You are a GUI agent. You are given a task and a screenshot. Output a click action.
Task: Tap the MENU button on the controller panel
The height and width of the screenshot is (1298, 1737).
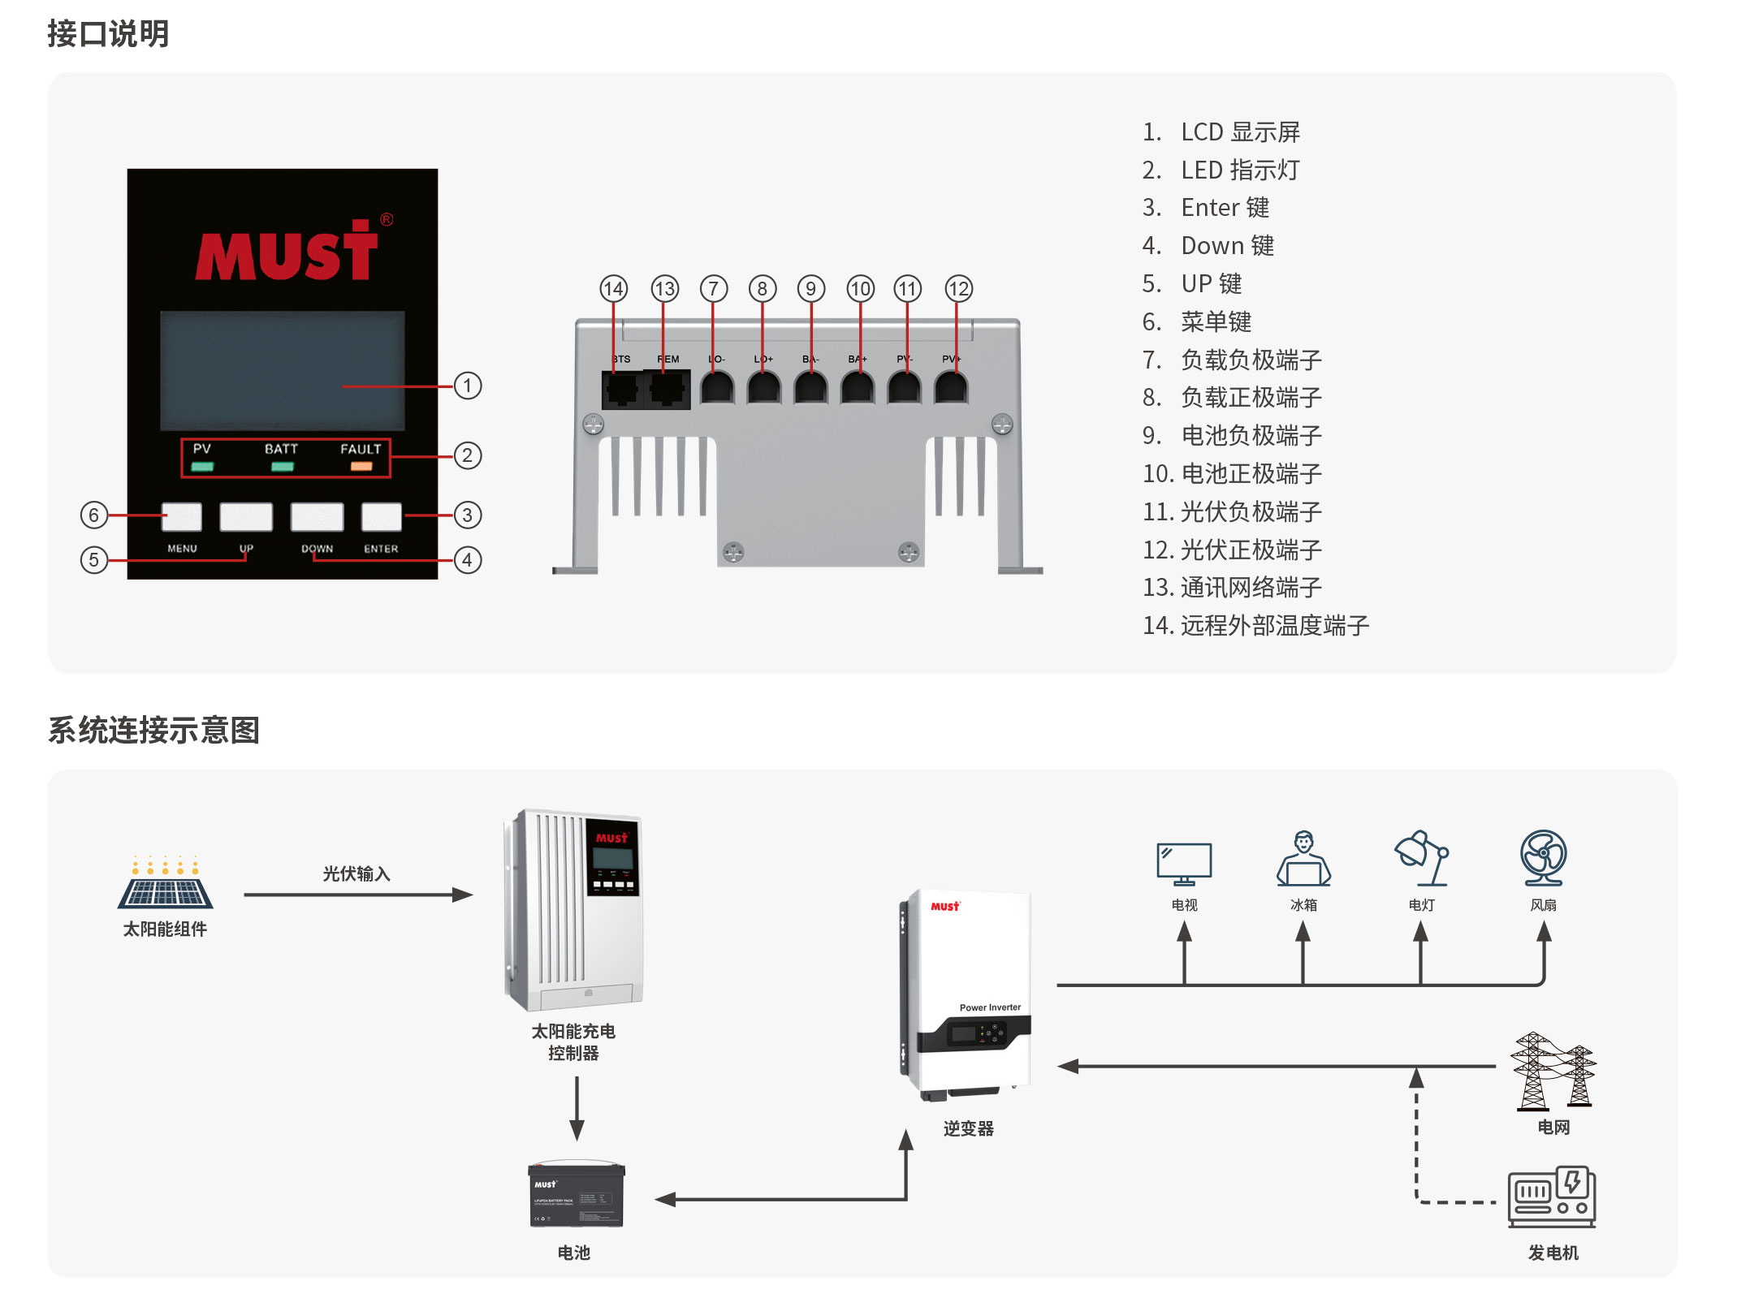(x=182, y=516)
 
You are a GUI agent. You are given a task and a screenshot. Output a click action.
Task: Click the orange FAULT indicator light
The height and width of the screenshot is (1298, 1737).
(x=361, y=467)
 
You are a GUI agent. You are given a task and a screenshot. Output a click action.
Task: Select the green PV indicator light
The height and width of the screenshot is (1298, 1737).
(x=202, y=467)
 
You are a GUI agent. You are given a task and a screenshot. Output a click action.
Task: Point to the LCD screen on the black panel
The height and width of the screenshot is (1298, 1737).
(x=282, y=370)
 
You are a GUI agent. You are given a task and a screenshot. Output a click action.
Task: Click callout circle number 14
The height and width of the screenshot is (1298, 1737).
(x=613, y=288)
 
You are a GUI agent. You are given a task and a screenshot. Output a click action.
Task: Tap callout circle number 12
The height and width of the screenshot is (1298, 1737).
(x=958, y=288)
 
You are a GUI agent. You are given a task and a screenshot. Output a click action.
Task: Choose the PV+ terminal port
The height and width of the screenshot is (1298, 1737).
(x=951, y=388)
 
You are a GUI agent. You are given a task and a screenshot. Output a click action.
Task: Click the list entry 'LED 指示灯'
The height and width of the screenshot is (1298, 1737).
(x=1239, y=170)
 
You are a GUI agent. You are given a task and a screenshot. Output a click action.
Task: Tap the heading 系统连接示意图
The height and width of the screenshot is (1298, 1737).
(x=153, y=730)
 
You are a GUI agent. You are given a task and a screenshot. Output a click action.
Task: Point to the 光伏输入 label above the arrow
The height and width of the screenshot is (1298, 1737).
(x=356, y=873)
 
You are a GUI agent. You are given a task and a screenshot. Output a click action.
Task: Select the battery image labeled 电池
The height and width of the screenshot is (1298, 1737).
(x=576, y=1194)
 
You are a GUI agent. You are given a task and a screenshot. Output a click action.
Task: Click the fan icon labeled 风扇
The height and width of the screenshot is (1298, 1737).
(x=1543, y=857)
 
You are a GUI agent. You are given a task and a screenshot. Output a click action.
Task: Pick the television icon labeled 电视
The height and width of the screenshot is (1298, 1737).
(x=1184, y=863)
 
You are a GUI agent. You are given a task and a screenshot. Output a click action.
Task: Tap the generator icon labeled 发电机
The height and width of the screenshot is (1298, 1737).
(x=1552, y=1197)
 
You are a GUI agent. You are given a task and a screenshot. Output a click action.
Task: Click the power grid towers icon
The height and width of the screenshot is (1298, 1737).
(x=1553, y=1071)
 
